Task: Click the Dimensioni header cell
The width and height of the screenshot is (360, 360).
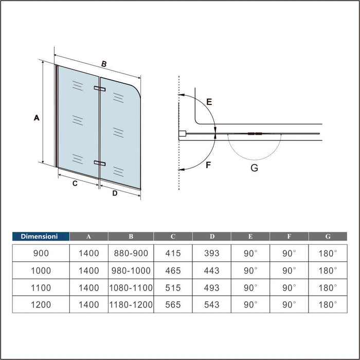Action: (x=41, y=237)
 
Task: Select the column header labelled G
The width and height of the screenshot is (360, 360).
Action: (x=328, y=237)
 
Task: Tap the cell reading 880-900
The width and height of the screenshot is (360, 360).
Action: (x=131, y=254)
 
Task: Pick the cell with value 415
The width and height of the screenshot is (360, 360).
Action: (x=173, y=254)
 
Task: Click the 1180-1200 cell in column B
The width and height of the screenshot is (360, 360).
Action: (x=131, y=304)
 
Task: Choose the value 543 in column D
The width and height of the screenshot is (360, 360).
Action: (x=211, y=304)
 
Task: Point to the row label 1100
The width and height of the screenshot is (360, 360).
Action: (x=41, y=287)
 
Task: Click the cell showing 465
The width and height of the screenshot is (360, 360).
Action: (x=173, y=271)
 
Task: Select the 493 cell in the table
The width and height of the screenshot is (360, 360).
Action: (x=211, y=287)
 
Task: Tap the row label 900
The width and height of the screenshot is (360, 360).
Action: (x=41, y=254)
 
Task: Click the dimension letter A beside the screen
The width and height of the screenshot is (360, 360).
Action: (x=36, y=118)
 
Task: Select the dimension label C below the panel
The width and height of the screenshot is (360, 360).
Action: (x=75, y=184)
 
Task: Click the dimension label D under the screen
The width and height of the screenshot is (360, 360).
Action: (x=115, y=193)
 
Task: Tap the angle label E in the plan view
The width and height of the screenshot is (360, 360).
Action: (x=208, y=102)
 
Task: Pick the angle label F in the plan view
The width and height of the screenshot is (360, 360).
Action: (x=208, y=165)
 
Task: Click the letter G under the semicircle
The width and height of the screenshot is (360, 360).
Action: (x=254, y=167)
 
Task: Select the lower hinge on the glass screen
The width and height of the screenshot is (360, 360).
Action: (x=99, y=163)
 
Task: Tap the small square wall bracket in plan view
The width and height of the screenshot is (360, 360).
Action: (x=182, y=135)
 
